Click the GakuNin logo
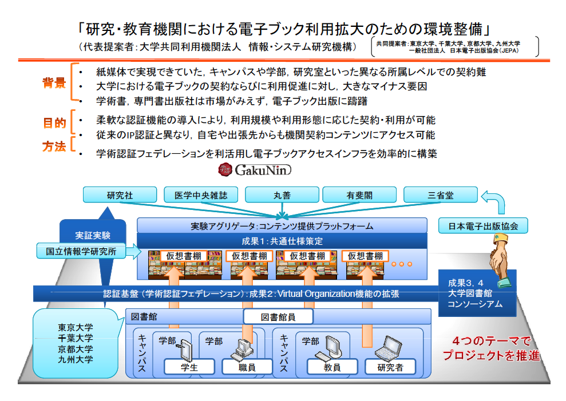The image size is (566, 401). pyautogui.click(x=255, y=169)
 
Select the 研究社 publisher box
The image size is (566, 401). pyautogui.click(x=120, y=195)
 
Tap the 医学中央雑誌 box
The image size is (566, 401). pyautogui.click(x=201, y=195)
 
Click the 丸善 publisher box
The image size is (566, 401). pyautogui.click(x=282, y=195)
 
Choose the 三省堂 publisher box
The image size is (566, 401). pyautogui.click(x=441, y=195)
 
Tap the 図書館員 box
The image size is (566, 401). pyautogui.click(x=279, y=317)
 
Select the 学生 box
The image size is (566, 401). pyautogui.click(x=189, y=367)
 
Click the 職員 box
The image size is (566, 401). pyautogui.click(x=247, y=367)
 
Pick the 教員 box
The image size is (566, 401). pyautogui.click(x=332, y=367)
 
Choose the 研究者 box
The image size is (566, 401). pyautogui.click(x=390, y=367)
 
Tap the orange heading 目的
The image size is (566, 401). pyautogui.click(x=54, y=122)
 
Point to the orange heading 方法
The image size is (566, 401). pyautogui.click(x=54, y=146)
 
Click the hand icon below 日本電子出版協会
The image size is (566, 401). pyautogui.click(x=499, y=260)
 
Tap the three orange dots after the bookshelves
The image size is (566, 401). pyautogui.click(x=402, y=264)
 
